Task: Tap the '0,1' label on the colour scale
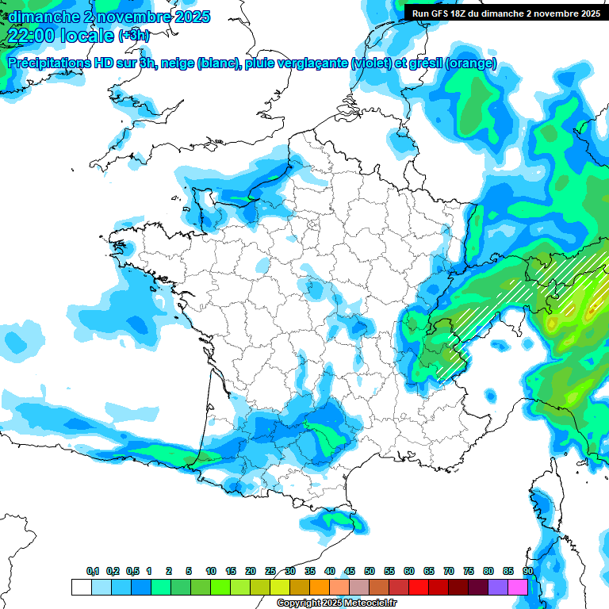[x=92, y=571]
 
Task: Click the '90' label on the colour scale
[x=527, y=571]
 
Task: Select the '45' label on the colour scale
[x=350, y=571]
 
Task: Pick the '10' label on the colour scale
[x=211, y=571]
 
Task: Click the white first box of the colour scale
[x=81, y=587]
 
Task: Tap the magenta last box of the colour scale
[x=518, y=587]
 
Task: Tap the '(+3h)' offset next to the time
[x=133, y=36]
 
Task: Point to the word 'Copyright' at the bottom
[x=298, y=603]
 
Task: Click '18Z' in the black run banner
[x=466, y=13]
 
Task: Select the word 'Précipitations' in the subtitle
[x=46, y=63]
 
